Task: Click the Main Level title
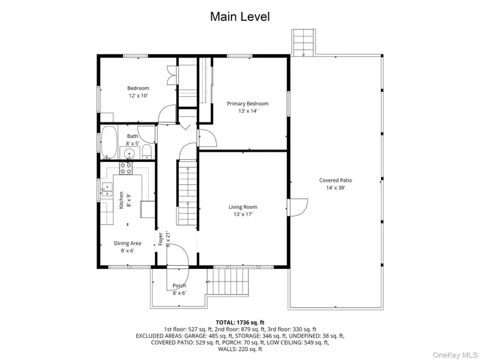click(240, 17)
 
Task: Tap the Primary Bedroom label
click(248, 103)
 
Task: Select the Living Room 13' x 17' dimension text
click(243, 214)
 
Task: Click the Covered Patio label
click(335, 181)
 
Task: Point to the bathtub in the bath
click(109, 142)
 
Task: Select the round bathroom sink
click(130, 152)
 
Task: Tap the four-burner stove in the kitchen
click(126, 168)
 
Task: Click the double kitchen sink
click(107, 190)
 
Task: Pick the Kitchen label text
click(121, 200)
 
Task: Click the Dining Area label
click(127, 244)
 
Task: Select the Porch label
click(179, 286)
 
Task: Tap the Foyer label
click(160, 239)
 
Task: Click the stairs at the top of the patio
click(303, 42)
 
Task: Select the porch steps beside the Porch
click(229, 281)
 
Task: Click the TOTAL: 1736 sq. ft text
click(240, 322)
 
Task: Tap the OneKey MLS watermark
click(455, 355)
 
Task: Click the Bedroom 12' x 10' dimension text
click(139, 95)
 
